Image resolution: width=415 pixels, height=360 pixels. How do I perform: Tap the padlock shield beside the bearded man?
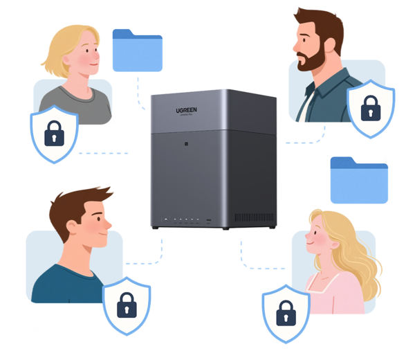(x=371, y=109)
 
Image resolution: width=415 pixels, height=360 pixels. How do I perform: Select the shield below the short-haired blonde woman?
(x=53, y=134)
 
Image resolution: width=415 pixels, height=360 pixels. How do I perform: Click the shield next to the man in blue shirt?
(x=127, y=305)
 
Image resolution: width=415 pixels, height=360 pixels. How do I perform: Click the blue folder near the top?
(x=139, y=51)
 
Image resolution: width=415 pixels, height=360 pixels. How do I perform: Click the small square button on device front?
(x=185, y=145)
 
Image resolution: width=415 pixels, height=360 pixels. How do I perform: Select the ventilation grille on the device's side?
(x=252, y=218)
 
